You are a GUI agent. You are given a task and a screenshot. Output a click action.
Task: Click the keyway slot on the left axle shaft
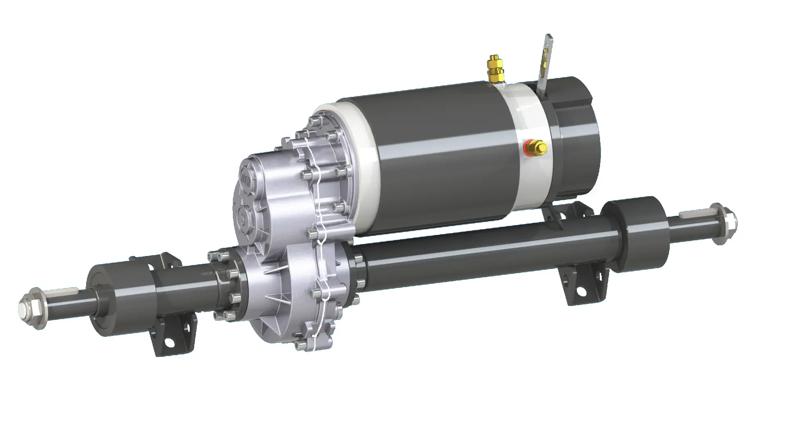61,292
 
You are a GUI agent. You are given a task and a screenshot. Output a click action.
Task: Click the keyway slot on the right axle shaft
693,214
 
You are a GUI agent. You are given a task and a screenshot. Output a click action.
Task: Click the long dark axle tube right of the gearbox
471,258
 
